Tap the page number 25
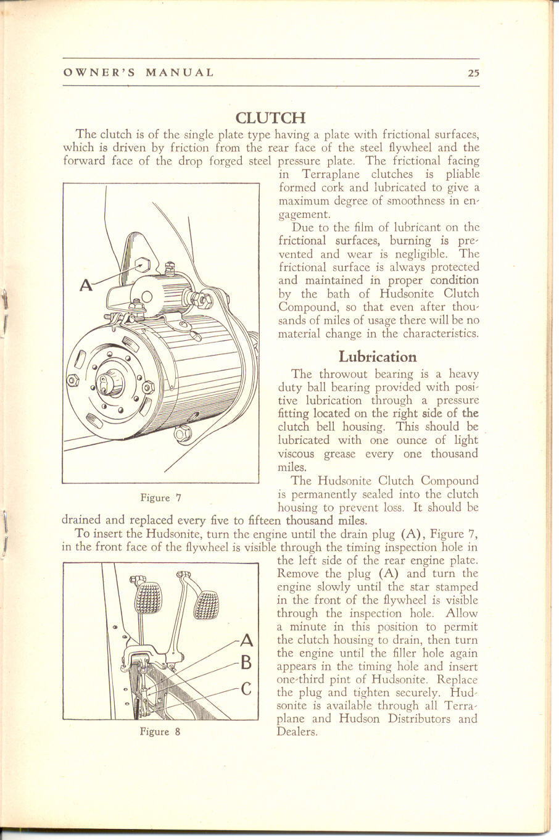click(473, 72)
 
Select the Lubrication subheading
click(378, 357)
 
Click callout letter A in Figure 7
click(87, 285)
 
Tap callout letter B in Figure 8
click(246, 663)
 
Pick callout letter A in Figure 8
click(246, 639)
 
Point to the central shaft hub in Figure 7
click(117, 383)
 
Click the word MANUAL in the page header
click(180, 72)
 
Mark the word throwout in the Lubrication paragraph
click(342, 374)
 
